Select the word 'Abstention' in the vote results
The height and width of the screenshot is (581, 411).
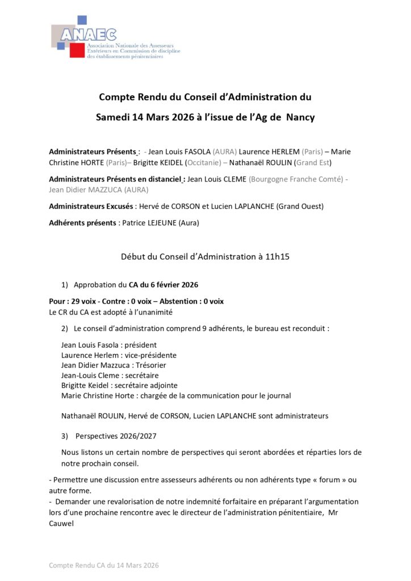click(182, 301)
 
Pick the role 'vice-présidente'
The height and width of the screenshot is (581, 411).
click(150, 355)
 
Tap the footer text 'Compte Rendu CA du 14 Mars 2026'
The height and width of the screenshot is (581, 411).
click(104, 565)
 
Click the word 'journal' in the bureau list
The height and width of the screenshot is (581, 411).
click(278, 396)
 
